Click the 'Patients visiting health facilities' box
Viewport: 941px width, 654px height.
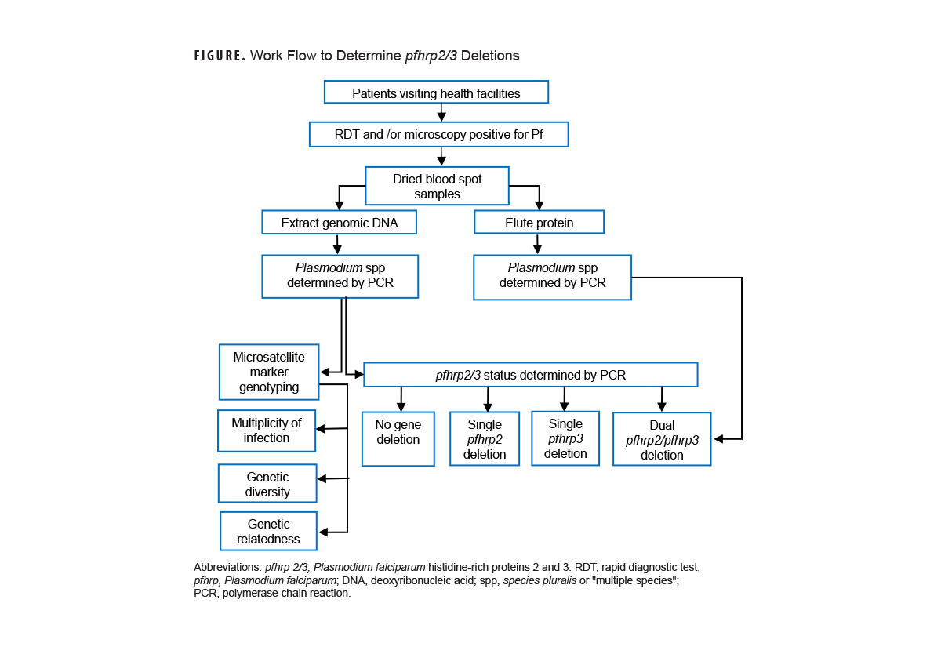point(436,93)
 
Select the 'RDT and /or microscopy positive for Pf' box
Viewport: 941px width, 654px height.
point(438,134)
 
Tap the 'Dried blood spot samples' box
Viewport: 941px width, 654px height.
point(437,186)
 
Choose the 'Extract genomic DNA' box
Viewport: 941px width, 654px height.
point(339,223)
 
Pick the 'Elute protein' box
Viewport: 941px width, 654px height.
point(539,223)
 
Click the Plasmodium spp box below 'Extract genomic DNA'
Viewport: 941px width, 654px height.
point(340,276)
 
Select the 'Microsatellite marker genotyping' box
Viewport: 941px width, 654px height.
point(269,372)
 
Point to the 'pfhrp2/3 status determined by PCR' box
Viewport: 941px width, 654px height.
point(530,375)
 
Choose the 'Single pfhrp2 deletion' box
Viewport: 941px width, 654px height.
point(484,438)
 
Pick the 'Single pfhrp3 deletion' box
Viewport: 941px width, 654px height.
point(565,438)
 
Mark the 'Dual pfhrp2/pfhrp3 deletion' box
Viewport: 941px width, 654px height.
point(661,439)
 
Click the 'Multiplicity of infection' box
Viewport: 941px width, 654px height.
point(266,431)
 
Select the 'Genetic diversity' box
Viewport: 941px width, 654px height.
point(267,484)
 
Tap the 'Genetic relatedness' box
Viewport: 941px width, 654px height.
point(268,531)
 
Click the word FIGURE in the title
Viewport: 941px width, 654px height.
point(220,56)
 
